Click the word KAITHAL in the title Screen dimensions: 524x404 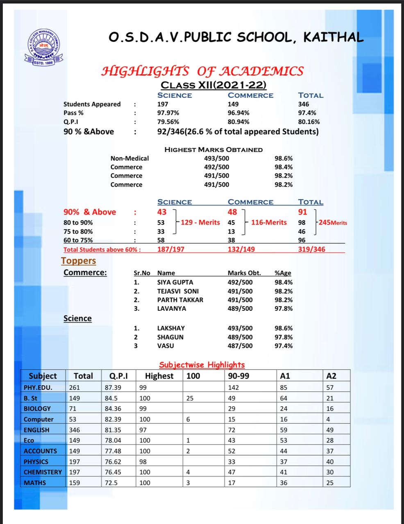333,37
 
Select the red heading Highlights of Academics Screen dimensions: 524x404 202,71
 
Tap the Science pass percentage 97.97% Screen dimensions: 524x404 168,113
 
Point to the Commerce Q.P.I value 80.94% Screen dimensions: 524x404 238,122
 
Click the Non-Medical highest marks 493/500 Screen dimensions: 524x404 216,158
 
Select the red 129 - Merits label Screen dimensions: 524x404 200,222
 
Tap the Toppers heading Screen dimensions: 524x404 78,261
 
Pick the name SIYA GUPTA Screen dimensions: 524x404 175,282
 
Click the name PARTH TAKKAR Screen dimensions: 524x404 180,300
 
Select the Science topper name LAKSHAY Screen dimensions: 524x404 171,328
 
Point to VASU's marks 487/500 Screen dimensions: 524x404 240,346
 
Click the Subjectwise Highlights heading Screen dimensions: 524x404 202,364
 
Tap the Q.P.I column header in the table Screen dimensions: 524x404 118,376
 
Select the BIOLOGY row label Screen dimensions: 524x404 37,409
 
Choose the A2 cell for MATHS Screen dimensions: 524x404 330,483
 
